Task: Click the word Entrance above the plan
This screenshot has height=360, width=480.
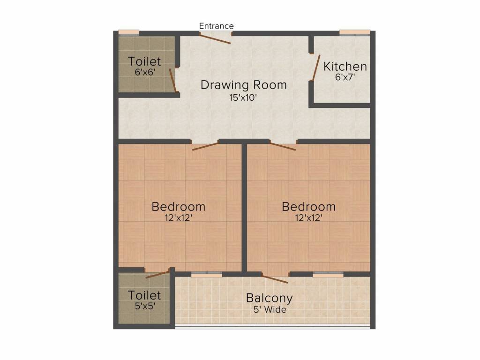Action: coord(216,26)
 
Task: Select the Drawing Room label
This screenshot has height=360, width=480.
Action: coord(243,85)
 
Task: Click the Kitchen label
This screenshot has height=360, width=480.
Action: coord(345,66)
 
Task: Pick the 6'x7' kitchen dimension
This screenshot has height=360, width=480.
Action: coord(345,77)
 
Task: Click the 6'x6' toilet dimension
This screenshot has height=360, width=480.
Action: coord(144,73)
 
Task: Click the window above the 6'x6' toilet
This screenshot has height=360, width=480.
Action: coord(128,32)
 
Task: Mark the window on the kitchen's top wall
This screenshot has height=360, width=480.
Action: coord(355,32)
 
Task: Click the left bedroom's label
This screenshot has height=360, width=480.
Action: coord(179,206)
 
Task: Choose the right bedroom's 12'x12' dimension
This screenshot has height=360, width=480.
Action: coord(308,218)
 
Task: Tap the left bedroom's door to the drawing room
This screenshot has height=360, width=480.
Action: coord(205,146)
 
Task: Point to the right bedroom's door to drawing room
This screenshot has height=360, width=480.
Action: coord(283,146)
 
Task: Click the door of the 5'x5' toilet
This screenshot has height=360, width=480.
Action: coord(157,274)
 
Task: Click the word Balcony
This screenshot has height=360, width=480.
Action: coord(269,298)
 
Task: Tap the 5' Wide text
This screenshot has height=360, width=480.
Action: coord(269,309)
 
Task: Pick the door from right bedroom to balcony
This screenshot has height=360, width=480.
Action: coord(275,279)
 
